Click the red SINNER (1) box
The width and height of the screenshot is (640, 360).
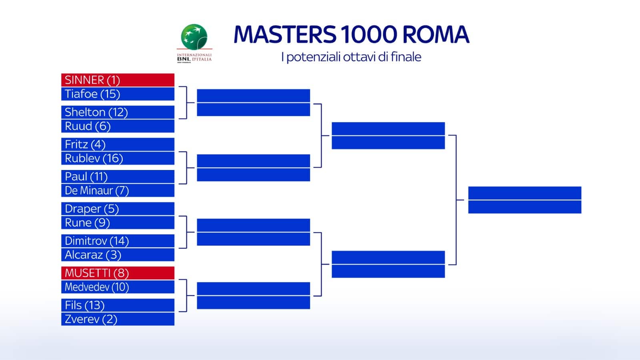click(118, 80)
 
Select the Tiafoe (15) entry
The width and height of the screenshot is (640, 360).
click(118, 94)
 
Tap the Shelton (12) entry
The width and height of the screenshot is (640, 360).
click(118, 112)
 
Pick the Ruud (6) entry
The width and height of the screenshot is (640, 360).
click(118, 126)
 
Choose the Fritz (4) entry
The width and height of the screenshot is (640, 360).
click(118, 144)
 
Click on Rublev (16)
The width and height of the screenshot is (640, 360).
click(118, 158)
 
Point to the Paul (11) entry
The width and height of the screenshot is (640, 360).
click(118, 176)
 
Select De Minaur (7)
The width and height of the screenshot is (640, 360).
click(118, 190)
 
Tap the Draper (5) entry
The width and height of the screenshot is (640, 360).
click(118, 209)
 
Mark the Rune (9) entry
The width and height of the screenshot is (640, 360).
click(118, 223)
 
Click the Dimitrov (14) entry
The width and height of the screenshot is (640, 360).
click(118, 241)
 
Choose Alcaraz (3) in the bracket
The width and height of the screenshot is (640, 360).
click(118, 255)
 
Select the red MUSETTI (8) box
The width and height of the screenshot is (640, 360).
click(118, 273)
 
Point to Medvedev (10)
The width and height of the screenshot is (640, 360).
click(118, 287)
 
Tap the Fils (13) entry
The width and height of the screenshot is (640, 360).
click(118, 305)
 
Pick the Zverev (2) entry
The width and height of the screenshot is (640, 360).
click(118, 319)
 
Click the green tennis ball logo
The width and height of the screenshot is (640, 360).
click(194, 37)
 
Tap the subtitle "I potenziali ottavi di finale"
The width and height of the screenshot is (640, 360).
click(351, 57)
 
